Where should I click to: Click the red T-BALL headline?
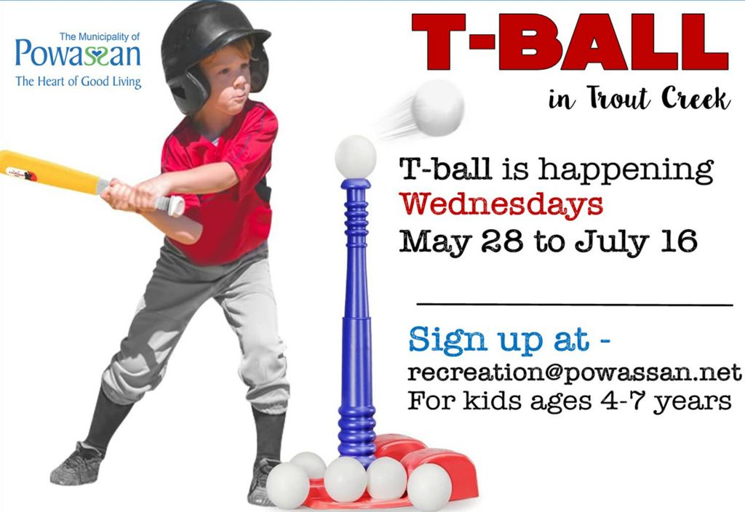(570, 42)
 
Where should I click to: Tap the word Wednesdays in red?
(501, 204)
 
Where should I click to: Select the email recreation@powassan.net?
(575, 373)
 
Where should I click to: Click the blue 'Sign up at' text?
(509, 340)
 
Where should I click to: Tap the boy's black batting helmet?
(213, 52)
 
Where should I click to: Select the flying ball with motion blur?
(437, 108)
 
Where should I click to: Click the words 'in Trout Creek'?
(639, 98)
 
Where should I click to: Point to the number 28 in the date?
(502, 241)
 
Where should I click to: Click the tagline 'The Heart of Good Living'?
(79, 81)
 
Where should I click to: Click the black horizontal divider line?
(575, 304)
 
